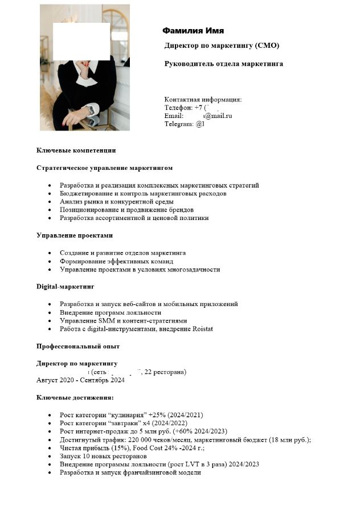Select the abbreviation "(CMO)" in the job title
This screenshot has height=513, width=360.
267,46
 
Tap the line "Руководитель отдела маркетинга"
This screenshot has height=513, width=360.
223,64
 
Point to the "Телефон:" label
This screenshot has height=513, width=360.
178,108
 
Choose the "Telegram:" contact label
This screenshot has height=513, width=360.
179,124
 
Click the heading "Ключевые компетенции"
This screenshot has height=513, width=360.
76,150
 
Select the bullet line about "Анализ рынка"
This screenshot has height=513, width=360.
116,202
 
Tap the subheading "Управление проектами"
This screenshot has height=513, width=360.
74,235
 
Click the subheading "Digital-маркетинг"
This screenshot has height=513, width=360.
65,287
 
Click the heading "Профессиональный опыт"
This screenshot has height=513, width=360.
77,347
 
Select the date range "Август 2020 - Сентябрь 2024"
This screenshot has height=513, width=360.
80,380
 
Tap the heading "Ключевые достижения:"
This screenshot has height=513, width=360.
75,397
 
